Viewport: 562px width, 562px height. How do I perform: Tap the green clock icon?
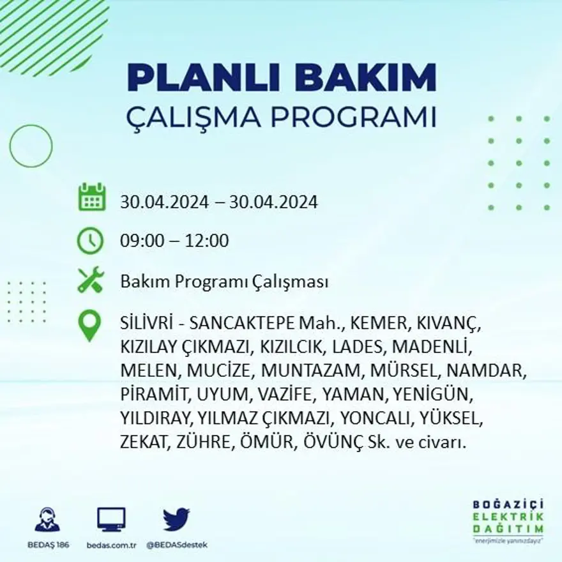pyautogui.click(x=90, y=241)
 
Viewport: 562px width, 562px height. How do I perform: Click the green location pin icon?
pyautogui.click(x=89, y=324)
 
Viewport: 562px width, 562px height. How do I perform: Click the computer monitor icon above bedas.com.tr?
pyautogui.click(x=111, y=520)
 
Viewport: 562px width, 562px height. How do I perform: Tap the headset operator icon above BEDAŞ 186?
pyautogui.click(x=47, y=520)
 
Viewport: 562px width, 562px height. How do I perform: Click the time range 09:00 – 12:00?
pyautogui.click(x=174, y=241)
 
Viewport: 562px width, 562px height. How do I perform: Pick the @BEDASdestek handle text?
pyautogui.click(x=177, y=545)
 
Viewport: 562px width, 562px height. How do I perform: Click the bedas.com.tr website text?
pyautogui.click(x=111, y=545)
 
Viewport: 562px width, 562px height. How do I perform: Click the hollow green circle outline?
pyautogui.click(x=31, y=146)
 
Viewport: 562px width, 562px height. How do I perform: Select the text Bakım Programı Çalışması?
pyautogui.click(x=224, y=282)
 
